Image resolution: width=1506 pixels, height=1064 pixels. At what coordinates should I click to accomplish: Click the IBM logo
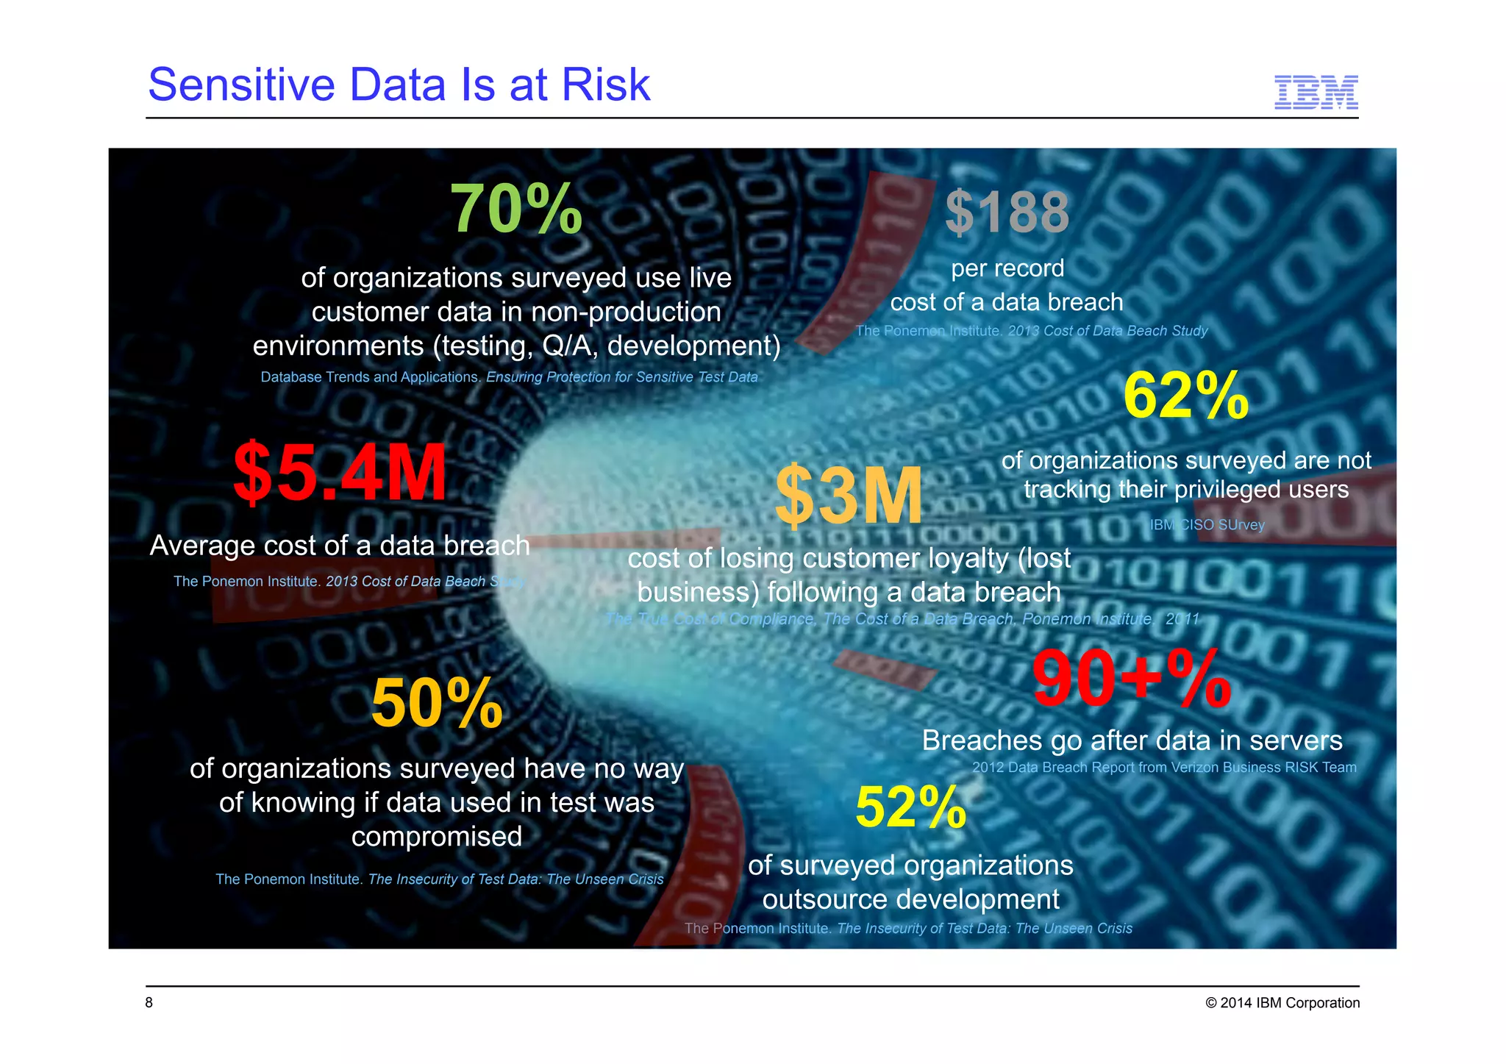point(1316,93)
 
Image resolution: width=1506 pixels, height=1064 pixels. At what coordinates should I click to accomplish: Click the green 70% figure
point(516,210)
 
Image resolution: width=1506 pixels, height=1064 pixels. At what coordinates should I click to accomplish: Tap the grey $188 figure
point(1007,213)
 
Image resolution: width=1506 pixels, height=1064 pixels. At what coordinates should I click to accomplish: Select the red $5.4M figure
point(340,474)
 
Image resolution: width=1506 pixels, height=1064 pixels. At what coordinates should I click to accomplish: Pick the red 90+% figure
point(1131,680)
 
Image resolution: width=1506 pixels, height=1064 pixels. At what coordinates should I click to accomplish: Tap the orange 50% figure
point(437,704)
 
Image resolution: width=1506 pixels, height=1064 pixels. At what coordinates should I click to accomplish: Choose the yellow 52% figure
point(910,807)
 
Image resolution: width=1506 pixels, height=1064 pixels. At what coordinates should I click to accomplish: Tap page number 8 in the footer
point(149,1003)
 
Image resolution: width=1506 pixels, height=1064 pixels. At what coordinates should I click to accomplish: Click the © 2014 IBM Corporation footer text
point(1282,1003)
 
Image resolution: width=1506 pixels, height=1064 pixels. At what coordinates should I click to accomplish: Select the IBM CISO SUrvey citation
point(1207,525)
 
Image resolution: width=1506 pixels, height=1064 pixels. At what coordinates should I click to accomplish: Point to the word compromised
point(437,837)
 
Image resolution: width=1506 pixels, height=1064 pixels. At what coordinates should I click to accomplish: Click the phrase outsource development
point(910,899)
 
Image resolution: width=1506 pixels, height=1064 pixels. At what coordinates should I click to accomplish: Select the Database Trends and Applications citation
point(371,377)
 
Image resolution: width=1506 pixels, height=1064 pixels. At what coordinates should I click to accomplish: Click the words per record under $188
point(1007,268)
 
